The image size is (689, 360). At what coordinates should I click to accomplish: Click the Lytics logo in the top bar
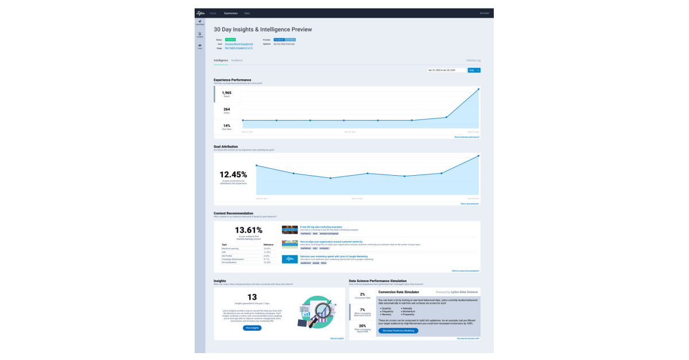[200, 13]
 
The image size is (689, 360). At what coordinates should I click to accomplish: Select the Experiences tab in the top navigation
[231, 13]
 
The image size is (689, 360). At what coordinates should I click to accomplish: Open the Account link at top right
[484, 13]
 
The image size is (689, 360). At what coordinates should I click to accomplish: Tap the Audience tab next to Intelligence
[237, 60]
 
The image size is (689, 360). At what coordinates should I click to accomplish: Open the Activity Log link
[474, 60]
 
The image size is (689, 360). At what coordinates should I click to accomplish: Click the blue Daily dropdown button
[474, 70]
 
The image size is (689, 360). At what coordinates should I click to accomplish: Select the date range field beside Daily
[446, 70]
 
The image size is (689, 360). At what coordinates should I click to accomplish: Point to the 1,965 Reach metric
[227, 94]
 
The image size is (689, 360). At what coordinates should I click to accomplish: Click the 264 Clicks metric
[227, 110]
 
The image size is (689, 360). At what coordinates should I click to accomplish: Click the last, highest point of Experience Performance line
[478, 89]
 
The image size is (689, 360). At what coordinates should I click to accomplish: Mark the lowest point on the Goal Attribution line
[331, 178]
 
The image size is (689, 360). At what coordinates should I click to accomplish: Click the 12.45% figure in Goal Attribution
[233, 175]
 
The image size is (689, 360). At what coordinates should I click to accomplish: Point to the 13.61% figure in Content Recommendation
[249, 230]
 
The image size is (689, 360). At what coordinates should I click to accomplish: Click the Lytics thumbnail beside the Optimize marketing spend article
[290, 259]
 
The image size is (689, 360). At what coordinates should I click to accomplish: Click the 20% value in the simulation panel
[362, 326]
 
